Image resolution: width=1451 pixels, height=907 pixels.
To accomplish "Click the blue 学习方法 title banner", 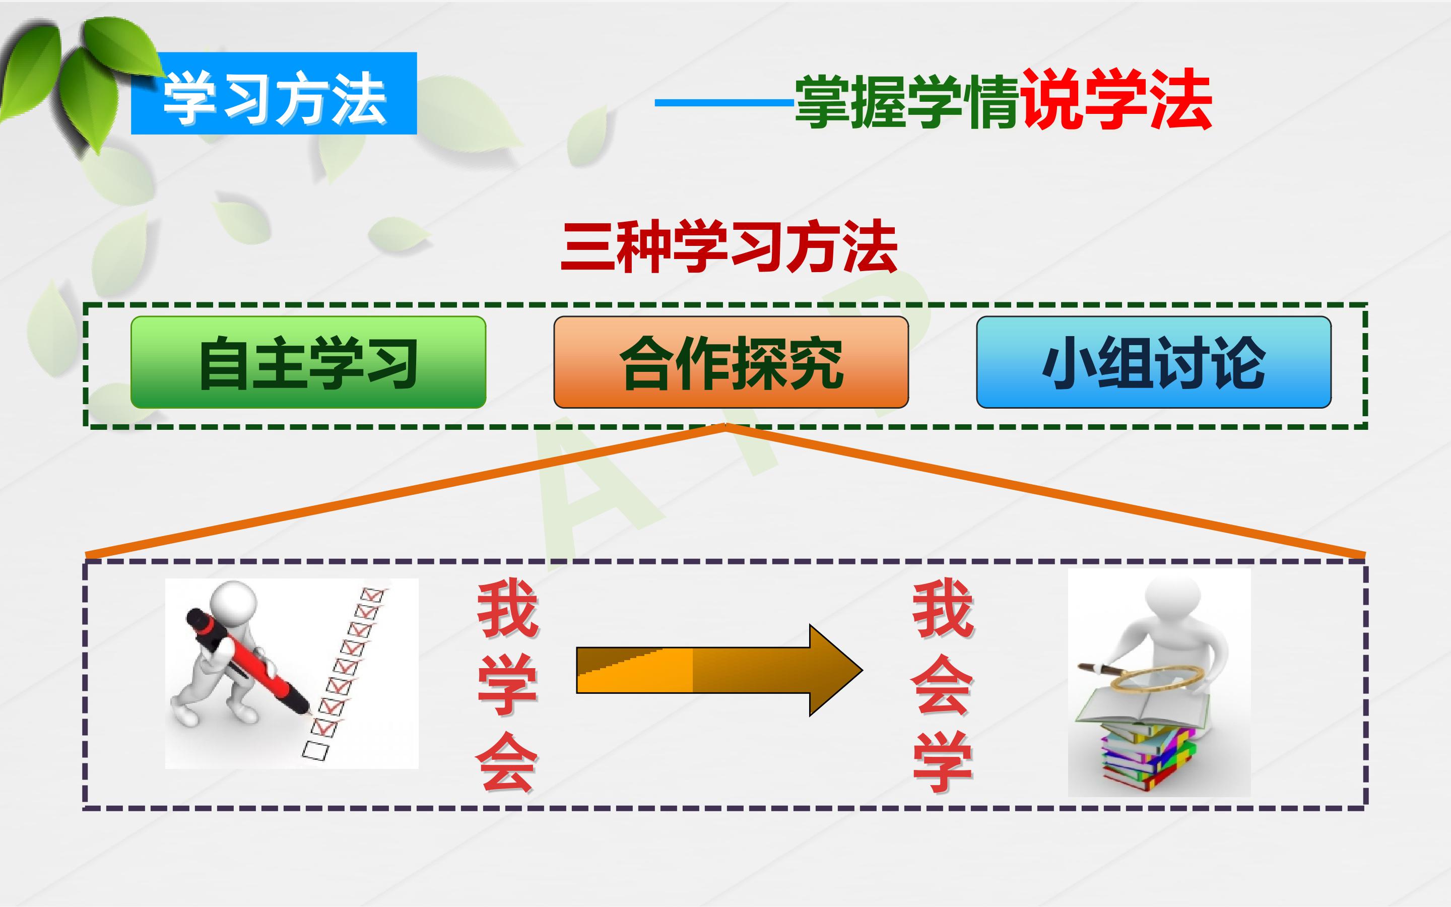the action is [274, 93].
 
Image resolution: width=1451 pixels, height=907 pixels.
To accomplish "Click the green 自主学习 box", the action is [308, 362].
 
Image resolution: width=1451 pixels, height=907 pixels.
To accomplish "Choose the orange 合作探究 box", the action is [731, 362].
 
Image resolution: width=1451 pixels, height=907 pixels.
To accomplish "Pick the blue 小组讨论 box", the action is [1154, 362].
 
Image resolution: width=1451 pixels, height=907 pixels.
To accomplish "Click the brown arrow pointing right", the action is [719, 670].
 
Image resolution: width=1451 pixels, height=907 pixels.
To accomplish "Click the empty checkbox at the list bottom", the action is [315, 750].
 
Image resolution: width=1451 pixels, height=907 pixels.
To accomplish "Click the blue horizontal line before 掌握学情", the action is [725, 103].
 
